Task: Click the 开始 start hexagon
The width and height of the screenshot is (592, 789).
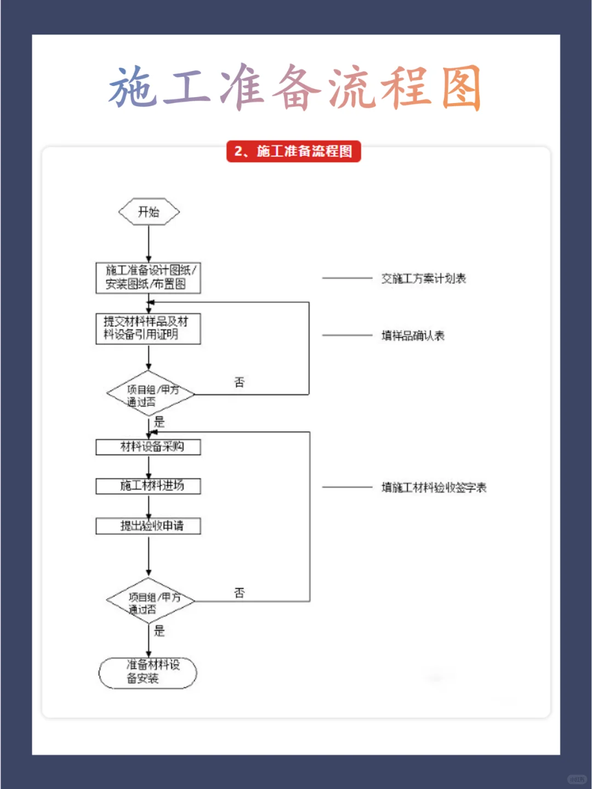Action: pyautogui.click(x=149, y=212)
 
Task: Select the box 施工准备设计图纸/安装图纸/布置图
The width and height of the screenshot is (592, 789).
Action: pyautogui.click(x=148, y=277)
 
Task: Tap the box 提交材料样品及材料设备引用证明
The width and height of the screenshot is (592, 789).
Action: pyautogui.click(x=148, y=328)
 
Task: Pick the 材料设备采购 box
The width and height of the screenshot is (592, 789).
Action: pyautogui.click(x=148, y=447)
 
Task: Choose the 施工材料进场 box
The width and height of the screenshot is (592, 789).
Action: pyautogui.click(x=148, y=486)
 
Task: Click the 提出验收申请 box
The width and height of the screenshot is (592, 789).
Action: pyautogui.click(x=148, y=526)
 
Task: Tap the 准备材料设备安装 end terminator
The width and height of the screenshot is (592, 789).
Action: pyautogui.click(x=147, y=672)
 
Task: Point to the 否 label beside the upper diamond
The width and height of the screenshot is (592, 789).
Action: pyautogui.click(x=240, y=382)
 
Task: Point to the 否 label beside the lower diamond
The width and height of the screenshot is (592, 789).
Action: pyautogui.click(x=240, y=592)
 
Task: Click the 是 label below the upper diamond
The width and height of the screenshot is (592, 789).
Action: pyautogui.click(x=160, y=421)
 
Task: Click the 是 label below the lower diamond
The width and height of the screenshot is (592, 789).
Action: pyautogui.click(x=160, y=631)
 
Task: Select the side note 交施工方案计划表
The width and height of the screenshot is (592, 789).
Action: pyautogui.click(x=423, y=278)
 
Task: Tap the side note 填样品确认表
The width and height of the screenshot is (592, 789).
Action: pyautogui.click(x=413, y=335)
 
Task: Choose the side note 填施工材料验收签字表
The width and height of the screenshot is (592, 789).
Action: pyautogui.click(x=434, y=487)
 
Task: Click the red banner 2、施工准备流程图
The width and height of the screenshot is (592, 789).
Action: pyautogui.click(x=294, y=151)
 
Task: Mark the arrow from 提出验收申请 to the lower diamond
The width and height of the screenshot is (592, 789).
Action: pyautogui.click(x=149, y=556)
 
